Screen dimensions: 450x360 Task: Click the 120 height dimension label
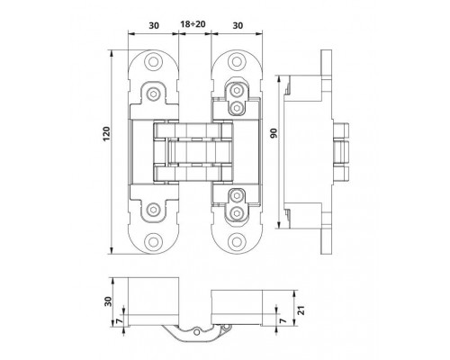[107, 134]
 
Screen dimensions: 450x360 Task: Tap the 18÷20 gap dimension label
[193, 24]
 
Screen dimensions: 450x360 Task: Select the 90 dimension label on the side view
[274, 132]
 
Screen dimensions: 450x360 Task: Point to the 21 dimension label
[301, 310]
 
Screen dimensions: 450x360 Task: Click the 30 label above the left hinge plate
[154, 26]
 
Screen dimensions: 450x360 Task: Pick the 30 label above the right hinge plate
[238, 26]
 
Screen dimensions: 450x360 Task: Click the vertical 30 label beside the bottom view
[109, 301]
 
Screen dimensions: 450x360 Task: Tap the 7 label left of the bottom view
[120, 320]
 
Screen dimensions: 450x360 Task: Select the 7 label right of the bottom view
[283, 320]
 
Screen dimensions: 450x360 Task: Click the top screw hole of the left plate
[153, 62]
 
